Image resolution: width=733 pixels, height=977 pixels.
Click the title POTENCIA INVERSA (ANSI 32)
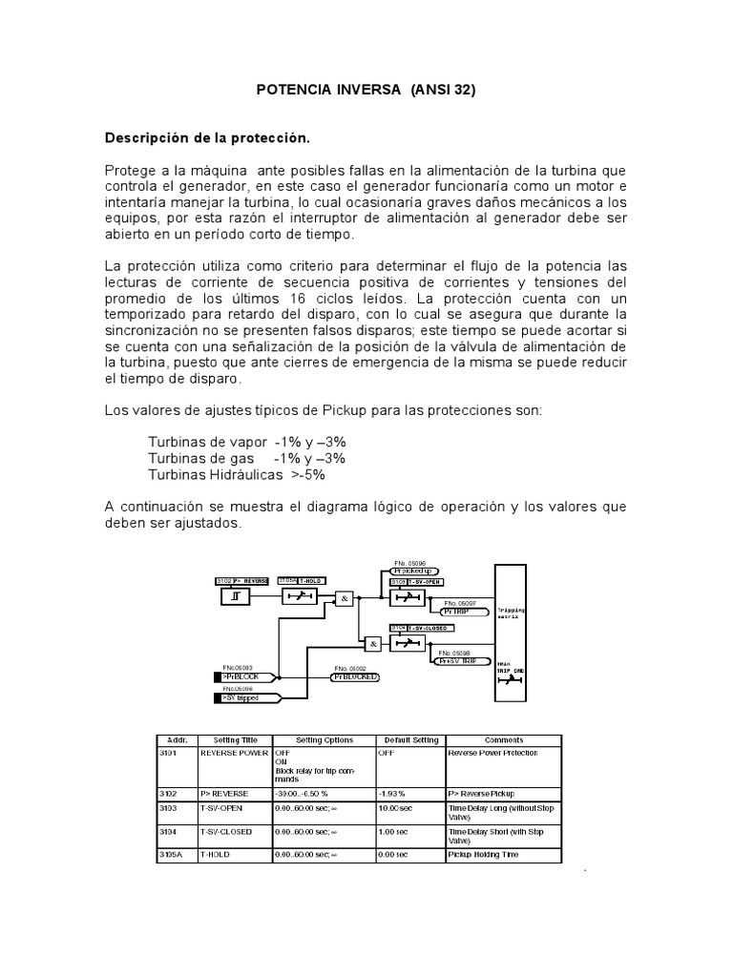click(x=366, y=91)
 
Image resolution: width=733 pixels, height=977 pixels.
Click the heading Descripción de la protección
click(x=208, y=138)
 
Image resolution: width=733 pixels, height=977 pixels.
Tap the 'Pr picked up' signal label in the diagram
click(x=413, y=571)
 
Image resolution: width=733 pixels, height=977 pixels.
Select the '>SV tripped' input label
click(x=246, y=697)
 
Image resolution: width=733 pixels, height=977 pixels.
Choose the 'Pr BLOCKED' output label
click(x=355, y=676)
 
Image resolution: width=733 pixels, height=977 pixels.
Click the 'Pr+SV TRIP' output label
click(x=455, y=659)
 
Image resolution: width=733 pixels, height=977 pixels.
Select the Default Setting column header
click(x=411, y=739)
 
